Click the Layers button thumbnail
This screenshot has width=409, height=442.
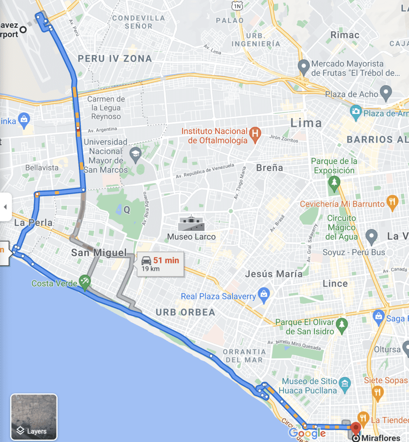tap(34, 417)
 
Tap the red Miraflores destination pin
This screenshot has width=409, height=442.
tap(356, 428)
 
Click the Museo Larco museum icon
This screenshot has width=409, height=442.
tap(192, 223)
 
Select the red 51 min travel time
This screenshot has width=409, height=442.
tap(166, 260)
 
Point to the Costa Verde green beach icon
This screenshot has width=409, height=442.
tap(85, 283)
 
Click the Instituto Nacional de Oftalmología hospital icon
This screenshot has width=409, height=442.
tap(255, 135)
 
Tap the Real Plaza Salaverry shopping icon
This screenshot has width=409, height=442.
tap(263, 296)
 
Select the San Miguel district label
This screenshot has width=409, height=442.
tap(99, 253)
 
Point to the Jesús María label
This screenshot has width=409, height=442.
tap(274, 274)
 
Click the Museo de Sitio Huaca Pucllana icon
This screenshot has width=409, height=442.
tap(345, 383)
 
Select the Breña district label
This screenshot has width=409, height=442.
tap(270, 167)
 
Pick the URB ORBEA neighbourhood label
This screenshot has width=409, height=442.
tap(185, 312)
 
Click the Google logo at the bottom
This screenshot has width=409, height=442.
tap(307, 433)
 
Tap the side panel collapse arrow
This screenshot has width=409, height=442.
tap(5, 207)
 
